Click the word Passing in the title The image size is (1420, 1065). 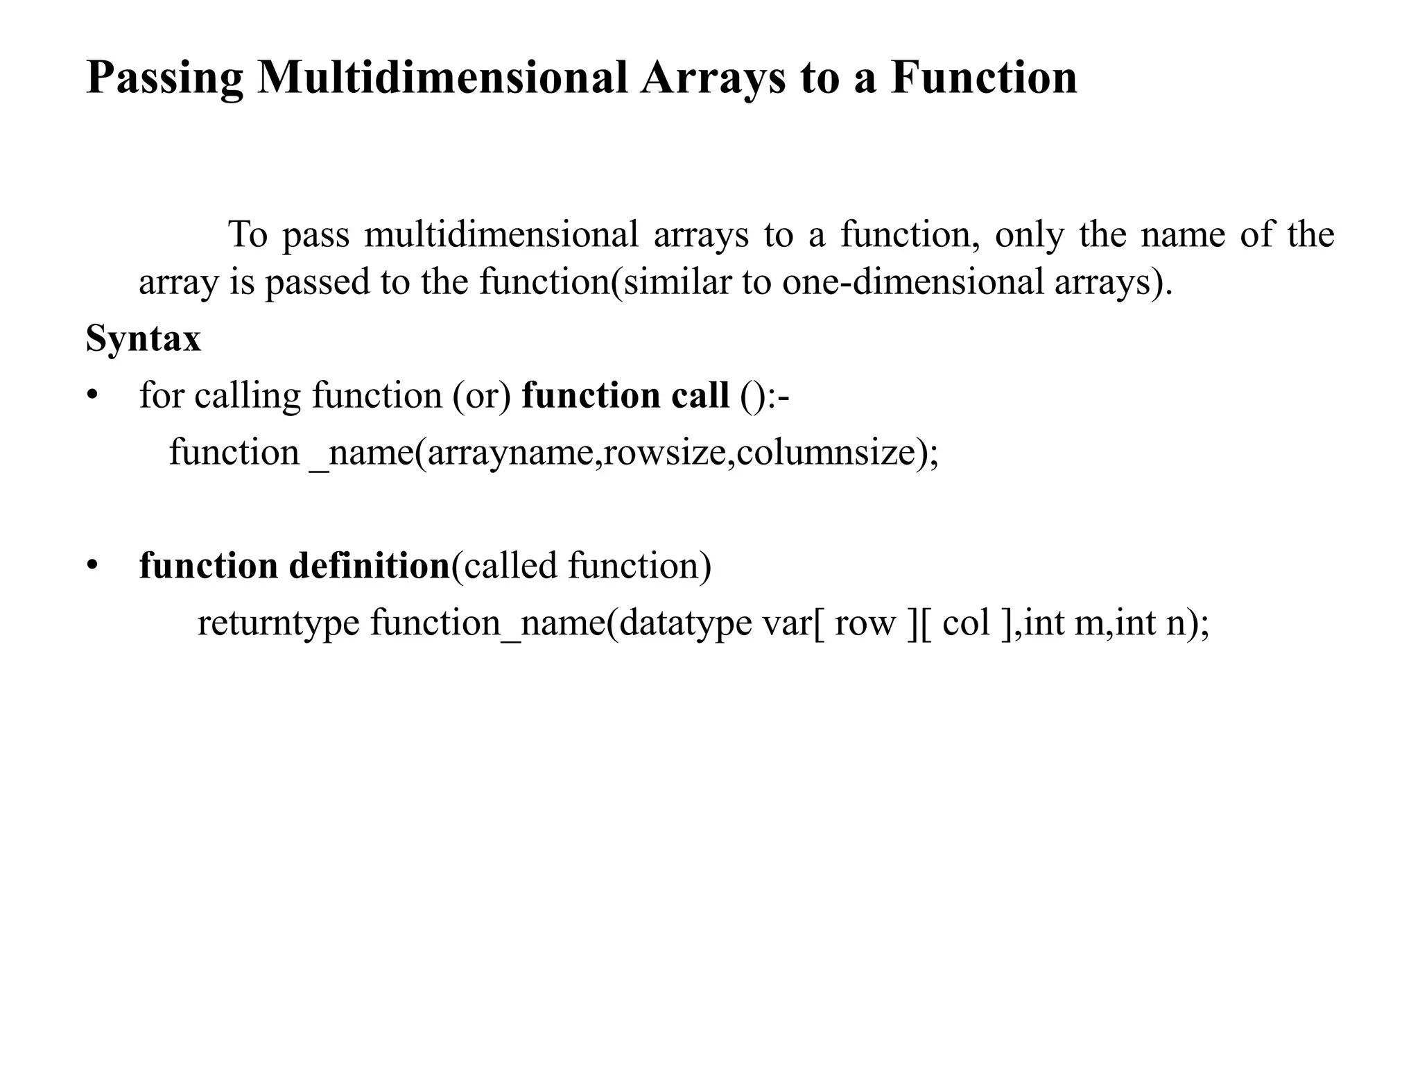pyautogui.click(x=164, y=78)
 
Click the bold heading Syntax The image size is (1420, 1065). pyautogui.click(x=144, y=340)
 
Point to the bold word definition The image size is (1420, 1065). pyautogui.click(x=369, y=566)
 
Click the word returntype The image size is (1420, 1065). pyautogui.click(x=278, y=623)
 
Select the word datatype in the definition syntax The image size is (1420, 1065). pyautogui.click(x=685, y=623)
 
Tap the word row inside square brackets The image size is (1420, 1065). pyautogui.click(x=865, y=623)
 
